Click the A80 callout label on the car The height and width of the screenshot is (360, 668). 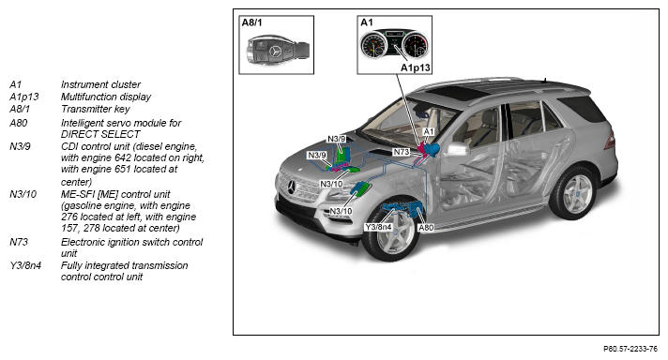pyautogui.click(x=426, y=227)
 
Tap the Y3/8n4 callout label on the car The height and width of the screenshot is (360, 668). pyautogui.click(x=378, y=227)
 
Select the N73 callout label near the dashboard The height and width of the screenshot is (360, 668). pyautogui.click(x=402, y=152)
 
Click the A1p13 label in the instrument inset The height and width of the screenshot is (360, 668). pyautogui.click(x=416, y=67)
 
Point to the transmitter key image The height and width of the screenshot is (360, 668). pyautogui.click(x=278, y=51)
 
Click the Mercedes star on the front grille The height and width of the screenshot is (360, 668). pyautogui.click(x=292, y=187)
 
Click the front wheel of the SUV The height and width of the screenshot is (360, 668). pyautogui.click(x=390, y=232)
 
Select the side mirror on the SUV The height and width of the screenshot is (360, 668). pyautogui.click(x=458, y=149)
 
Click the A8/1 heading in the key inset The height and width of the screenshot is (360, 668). pyautogui.click(x=251, y=22)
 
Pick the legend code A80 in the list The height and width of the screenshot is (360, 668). pyautogui.click(x=19, y=123)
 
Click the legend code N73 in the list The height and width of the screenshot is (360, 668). pyautogui.click(x=19, y=242)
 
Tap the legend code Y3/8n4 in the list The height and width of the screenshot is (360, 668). pyautogui.click(x=25, y=265)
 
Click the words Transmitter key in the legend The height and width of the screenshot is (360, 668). pyautogui.click(x=96, y=109)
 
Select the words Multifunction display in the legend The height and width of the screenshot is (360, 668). pyautogui.click(x=106, y=97)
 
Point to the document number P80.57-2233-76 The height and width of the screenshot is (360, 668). pyautogui.click(x=630, y=349)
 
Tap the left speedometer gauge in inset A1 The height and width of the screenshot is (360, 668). pyautogui.click(x=372, y=46)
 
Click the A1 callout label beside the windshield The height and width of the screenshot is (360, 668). pyautogui.click(x=428, y=132)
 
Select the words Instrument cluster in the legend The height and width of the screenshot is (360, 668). pyautogui.click(x=100, y=84)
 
